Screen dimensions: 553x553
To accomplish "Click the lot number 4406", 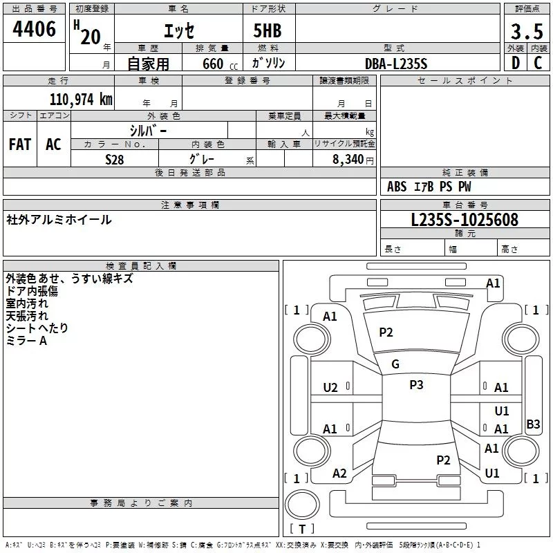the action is coord(34,29).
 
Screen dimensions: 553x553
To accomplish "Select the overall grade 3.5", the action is coord(527,31).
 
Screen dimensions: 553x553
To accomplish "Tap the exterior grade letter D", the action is coord(516,63).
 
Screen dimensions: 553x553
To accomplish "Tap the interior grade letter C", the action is coord(538,63).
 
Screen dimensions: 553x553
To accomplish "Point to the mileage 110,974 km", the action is coord(81,100).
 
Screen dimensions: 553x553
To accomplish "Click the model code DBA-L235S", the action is coord(396,64).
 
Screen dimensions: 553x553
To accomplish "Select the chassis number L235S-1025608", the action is coord(465,220).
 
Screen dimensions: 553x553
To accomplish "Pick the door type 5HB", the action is coord(268,30).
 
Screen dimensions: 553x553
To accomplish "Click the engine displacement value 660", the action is coord(213,64).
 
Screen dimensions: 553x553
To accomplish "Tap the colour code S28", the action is coord(115,160).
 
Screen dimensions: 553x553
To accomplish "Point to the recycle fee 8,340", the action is coord(348,159).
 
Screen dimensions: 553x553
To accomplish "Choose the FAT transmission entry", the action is coord(20,144).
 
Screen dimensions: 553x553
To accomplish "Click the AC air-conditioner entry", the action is coord(53,144).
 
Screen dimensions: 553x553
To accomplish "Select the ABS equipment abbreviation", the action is coord(397,187).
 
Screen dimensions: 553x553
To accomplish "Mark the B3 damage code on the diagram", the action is coord(533,424).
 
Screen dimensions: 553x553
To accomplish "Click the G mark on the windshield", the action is coord(395,364).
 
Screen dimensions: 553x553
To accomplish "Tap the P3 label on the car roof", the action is coord(416,384).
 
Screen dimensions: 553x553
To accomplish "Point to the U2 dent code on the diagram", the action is coord(330,388).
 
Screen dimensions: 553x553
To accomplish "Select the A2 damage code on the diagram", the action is coord(339,473).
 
